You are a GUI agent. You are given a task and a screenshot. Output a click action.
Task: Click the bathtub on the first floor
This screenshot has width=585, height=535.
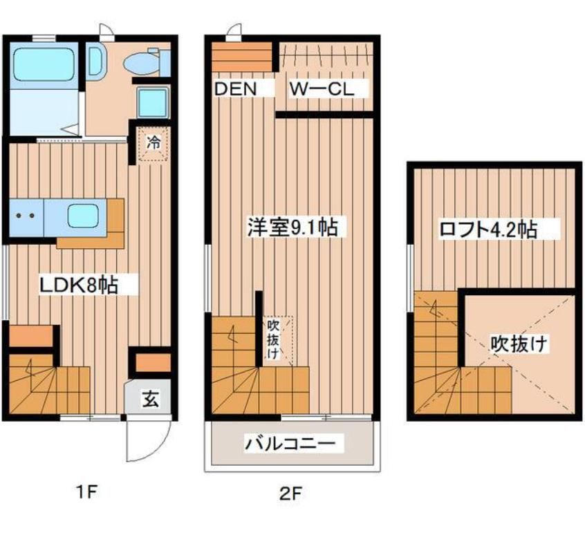coord(44,64)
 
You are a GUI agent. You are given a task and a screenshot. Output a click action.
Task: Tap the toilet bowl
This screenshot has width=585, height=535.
coord(141,63)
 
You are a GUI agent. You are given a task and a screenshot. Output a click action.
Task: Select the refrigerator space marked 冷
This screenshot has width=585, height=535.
coord(153,144)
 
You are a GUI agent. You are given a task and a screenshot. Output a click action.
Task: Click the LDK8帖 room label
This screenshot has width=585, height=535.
coord(79,285)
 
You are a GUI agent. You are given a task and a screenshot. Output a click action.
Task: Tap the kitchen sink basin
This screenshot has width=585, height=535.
coord(83,217)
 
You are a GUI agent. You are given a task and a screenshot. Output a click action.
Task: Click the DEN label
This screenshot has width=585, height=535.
coord(236,89)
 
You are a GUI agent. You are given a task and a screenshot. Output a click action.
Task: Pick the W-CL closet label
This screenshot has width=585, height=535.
coord(322,89)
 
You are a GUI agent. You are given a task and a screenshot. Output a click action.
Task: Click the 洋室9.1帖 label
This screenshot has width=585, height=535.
coord(293,227)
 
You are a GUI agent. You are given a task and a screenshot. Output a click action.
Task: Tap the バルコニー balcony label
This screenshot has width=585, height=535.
coord(290,443)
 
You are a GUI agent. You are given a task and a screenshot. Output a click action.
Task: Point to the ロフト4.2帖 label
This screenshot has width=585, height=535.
coord(488,229)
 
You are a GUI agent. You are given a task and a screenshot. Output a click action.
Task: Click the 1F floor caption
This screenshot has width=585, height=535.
coord(87,494)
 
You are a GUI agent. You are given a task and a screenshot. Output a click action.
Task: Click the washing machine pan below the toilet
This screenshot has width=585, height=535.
coord(153,101)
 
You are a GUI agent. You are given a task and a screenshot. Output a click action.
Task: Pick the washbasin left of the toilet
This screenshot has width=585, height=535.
coord(96,62)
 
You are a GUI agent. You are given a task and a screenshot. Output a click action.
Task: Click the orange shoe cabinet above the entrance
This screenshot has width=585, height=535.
coord(153,363)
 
